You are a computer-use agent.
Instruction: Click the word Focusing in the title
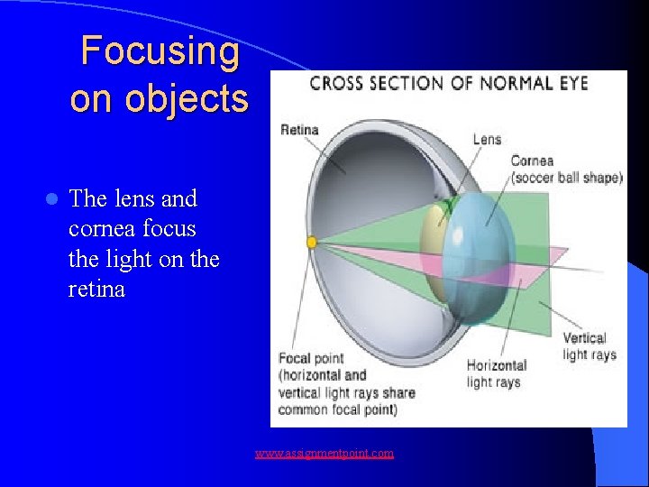point(160,51)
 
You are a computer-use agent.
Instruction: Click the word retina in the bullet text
point(96,289)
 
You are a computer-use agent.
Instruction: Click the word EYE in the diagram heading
point(572,84)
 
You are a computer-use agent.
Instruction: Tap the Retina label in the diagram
point(299,129)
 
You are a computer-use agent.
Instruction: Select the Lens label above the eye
point(487,139)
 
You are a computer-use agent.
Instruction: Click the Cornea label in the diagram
point(533,161)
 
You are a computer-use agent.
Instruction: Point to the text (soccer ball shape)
point(566,177)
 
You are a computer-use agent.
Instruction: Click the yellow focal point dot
point(312,243)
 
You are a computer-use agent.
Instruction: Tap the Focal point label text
point(311,359)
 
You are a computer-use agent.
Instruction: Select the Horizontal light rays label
point(496,374)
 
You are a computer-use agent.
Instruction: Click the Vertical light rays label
point(590,346)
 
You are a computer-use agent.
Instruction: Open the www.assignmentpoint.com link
point(324,453)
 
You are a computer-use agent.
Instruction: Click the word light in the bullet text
point(127,259)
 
